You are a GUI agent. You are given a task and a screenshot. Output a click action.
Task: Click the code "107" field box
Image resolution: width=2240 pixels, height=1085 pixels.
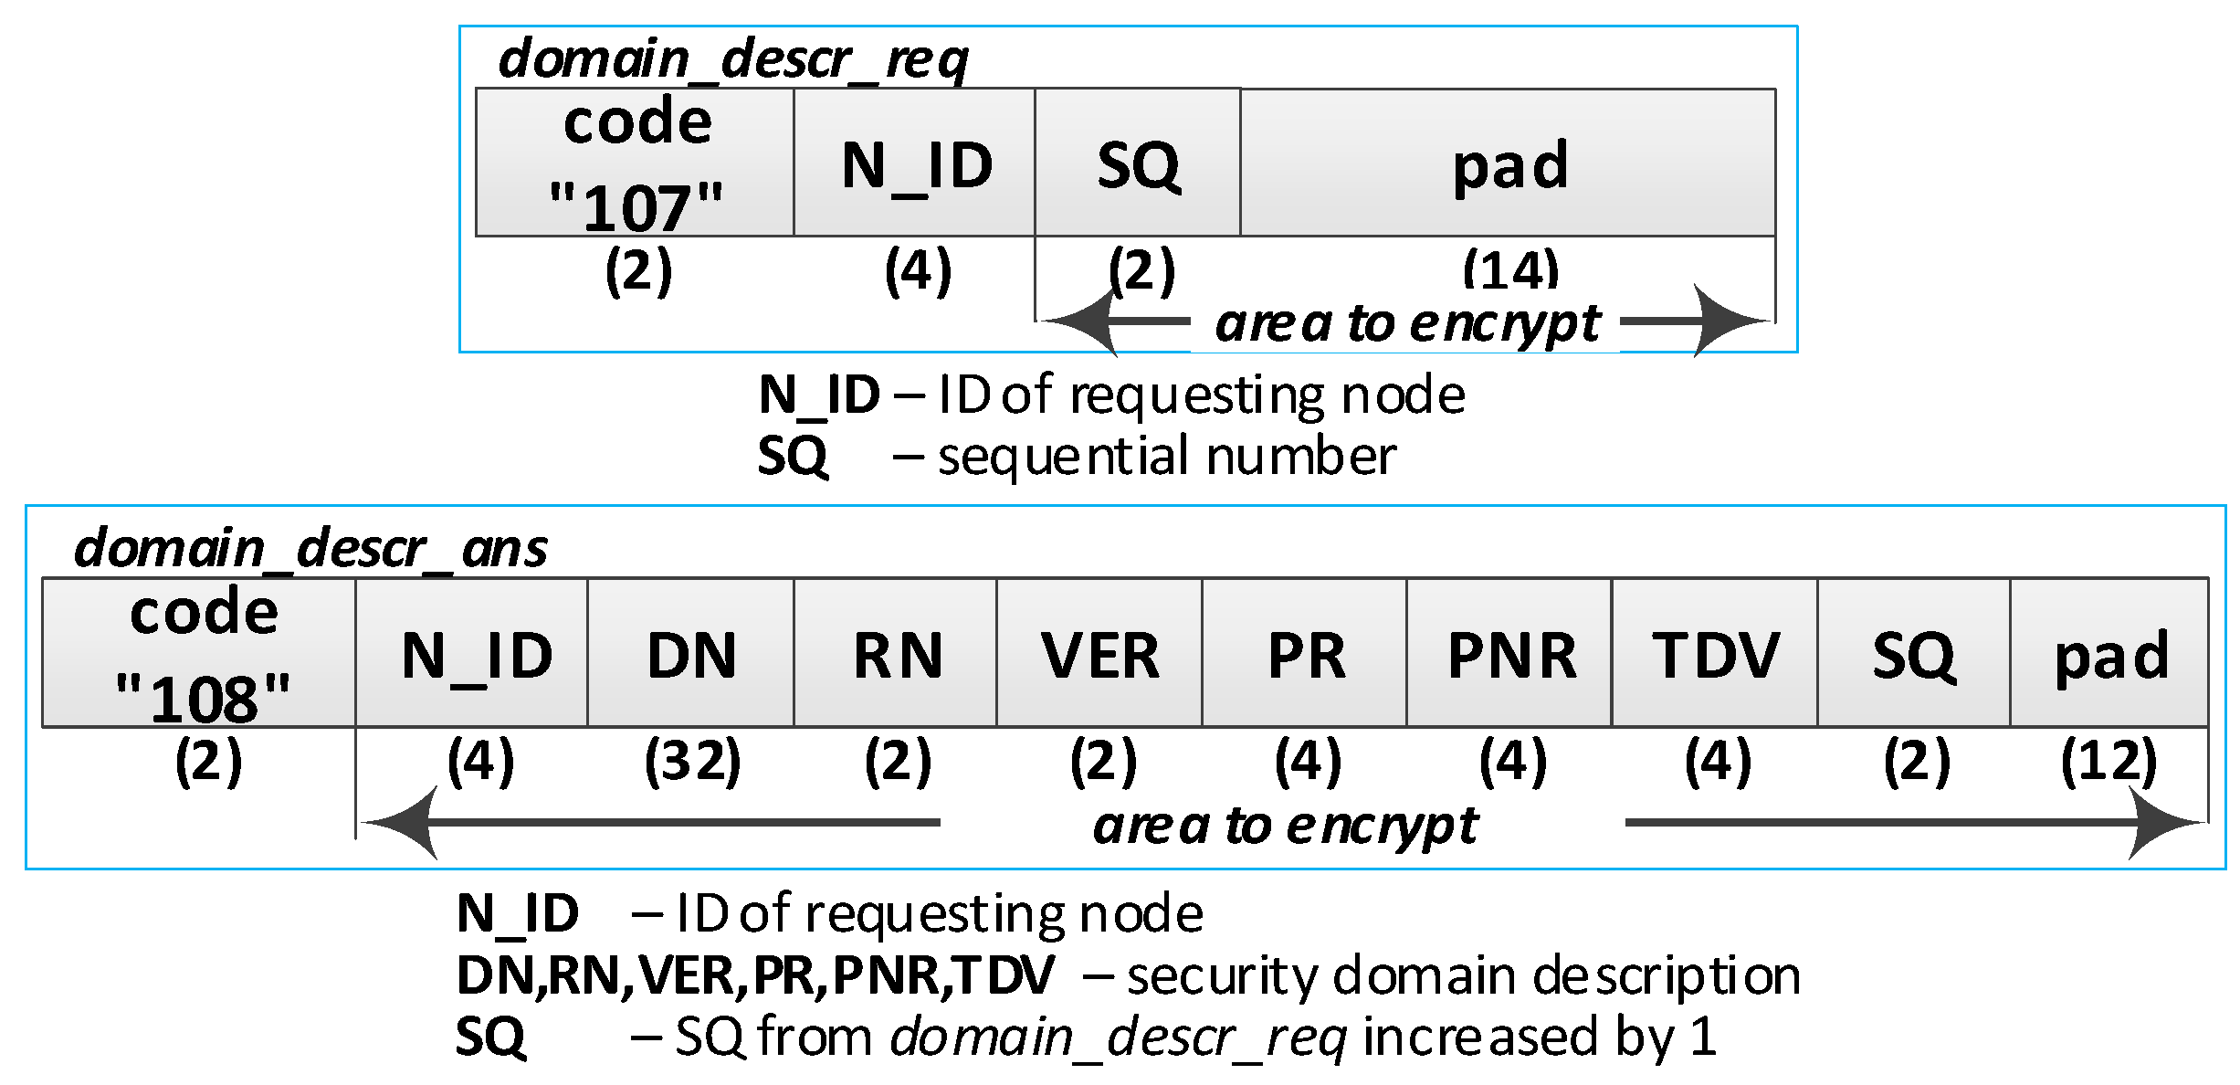click(x=635, y=163)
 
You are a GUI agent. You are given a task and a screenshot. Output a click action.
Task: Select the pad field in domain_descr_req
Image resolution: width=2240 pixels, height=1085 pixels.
click(x=1507, y=163)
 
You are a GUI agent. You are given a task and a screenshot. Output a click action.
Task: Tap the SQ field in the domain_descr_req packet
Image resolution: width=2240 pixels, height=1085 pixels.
click(x=1137, y=163)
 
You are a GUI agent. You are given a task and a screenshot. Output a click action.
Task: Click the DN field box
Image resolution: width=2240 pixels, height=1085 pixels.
click(x=690, y=653)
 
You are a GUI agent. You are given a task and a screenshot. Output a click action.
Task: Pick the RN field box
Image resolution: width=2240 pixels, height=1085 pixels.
click(x=895, y=653)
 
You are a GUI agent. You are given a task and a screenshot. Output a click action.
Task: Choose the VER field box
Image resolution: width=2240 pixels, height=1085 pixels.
click(x=1099, y=653)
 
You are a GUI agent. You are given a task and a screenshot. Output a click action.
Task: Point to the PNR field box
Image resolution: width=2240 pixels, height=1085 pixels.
click(x=1509, y=653)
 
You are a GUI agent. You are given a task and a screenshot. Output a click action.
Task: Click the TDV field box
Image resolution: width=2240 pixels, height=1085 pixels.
click(x=1714, y=653)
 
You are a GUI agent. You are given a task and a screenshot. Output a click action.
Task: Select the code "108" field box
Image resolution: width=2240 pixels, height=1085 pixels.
click(x=199, y=653)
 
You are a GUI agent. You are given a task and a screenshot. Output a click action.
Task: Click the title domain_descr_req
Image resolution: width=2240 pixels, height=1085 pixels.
click(x=732, y=59)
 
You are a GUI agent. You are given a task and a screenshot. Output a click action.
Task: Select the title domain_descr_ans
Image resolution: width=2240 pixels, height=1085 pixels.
click(x=310, y=548)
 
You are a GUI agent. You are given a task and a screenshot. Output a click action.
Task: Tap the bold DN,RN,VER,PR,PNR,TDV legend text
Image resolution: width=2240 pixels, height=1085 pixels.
click(x=755, y=974)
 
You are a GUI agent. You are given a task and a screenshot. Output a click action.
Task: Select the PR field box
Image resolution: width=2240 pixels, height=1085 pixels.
click(x=1305, y=653)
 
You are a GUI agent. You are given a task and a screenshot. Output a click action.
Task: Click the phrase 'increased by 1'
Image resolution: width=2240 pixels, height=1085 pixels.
click(x=1539, y=1037)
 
